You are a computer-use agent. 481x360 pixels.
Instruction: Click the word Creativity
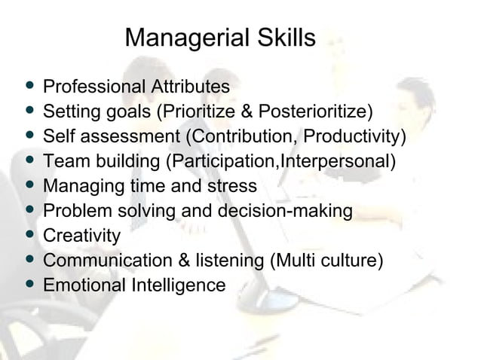(82, 236)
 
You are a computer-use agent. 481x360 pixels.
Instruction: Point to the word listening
(225, 261)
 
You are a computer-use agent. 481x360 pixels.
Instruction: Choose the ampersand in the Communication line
(177, 261)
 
